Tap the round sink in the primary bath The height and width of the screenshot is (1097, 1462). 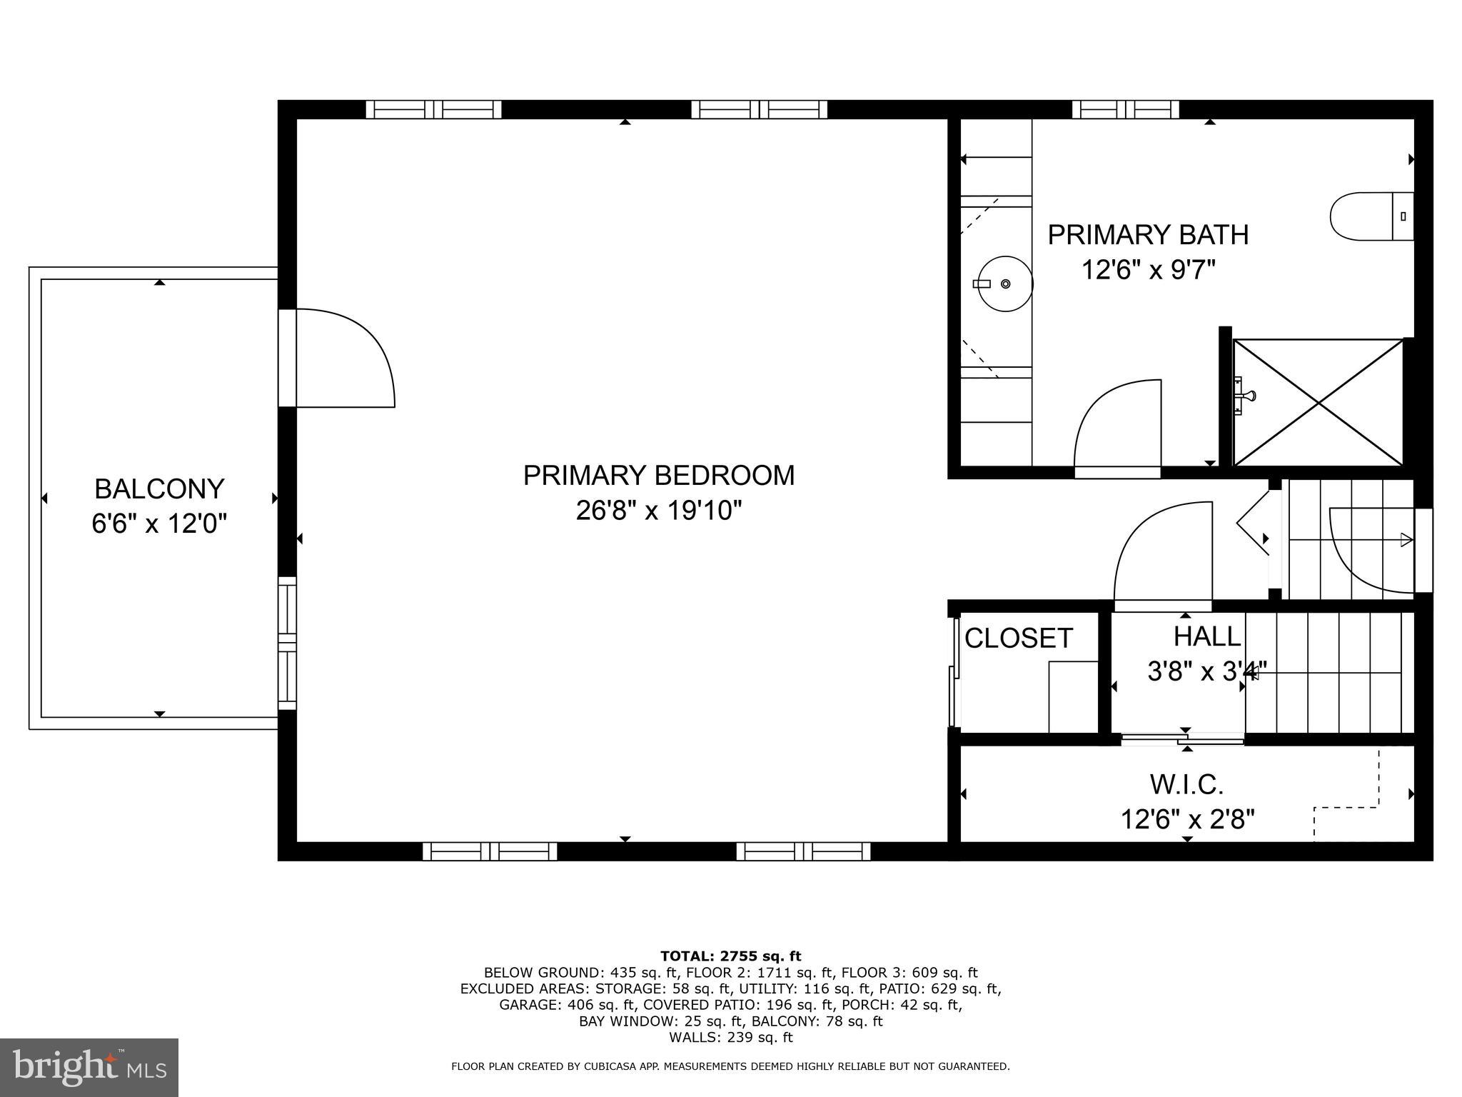pyautogui.click(x=1004, y=284)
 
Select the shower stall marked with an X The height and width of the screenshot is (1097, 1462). pyautogui.click(x=1318, y=403)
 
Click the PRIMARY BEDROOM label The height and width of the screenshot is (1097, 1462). pyautogui.click(x=658, y=476)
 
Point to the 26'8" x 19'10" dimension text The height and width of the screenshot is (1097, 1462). pyautogui.click(x=658, y=511)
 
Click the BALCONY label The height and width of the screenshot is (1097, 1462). pyautogui.click(x=159, y=489)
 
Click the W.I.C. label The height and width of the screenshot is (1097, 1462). pyautogui.click(x=1186, y=785)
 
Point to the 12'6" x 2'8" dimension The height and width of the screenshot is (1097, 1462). pyautogui.click(x=1186, y=819)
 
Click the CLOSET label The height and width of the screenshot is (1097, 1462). pyautogui.click(x=1019, y=638)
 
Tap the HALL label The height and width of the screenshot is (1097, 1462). pyautogui.click(x=1206, y=636)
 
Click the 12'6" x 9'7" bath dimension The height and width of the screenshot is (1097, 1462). pyautogui.click(x=1148, y=270)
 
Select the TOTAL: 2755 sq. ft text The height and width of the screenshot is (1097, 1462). pyautogui.click(x=730, y=956)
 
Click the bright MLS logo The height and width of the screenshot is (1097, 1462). pyautogui.click(x=89, y=1067)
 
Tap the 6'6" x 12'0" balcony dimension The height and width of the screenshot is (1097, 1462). pyautogui.click(x=159, y=524)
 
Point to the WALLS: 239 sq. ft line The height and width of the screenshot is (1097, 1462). pyautogui.click(x=730, y=1038)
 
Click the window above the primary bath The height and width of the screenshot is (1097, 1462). pyautogui.click(x=1125, y=109)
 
